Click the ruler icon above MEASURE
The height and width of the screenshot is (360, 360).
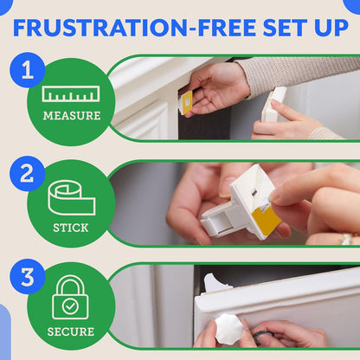70,93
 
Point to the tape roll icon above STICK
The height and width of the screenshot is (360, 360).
71,198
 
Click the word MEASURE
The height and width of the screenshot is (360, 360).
71,116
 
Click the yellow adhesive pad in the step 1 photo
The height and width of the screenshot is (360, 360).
185,102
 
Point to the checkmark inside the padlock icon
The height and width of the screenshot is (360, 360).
70,305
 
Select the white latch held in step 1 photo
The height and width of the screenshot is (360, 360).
274,103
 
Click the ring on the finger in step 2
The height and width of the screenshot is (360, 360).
345,238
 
